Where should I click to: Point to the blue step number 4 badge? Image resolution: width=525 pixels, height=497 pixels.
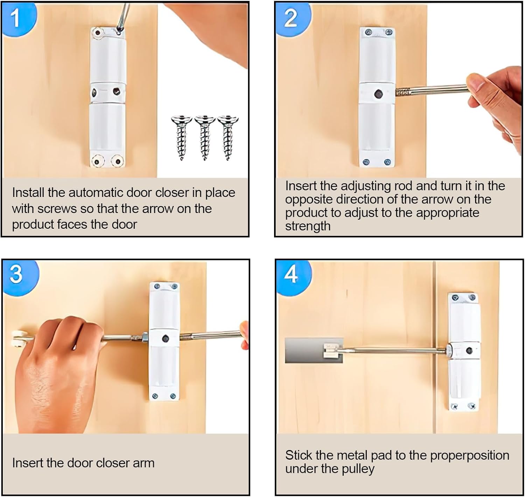pos(292,275)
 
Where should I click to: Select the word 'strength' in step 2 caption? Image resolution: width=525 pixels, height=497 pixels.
pos(308,226)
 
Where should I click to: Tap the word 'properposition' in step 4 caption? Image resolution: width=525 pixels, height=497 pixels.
pos(469,455)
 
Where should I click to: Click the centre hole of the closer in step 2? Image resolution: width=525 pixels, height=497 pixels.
pos(378,94)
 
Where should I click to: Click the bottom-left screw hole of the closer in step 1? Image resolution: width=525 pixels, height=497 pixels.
pos(98,162)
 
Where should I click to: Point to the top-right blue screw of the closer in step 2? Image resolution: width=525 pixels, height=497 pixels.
pos(388,33)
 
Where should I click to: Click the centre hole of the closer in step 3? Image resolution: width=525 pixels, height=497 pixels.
pos(165,339)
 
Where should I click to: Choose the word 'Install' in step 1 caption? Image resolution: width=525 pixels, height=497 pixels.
pos(28,193)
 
